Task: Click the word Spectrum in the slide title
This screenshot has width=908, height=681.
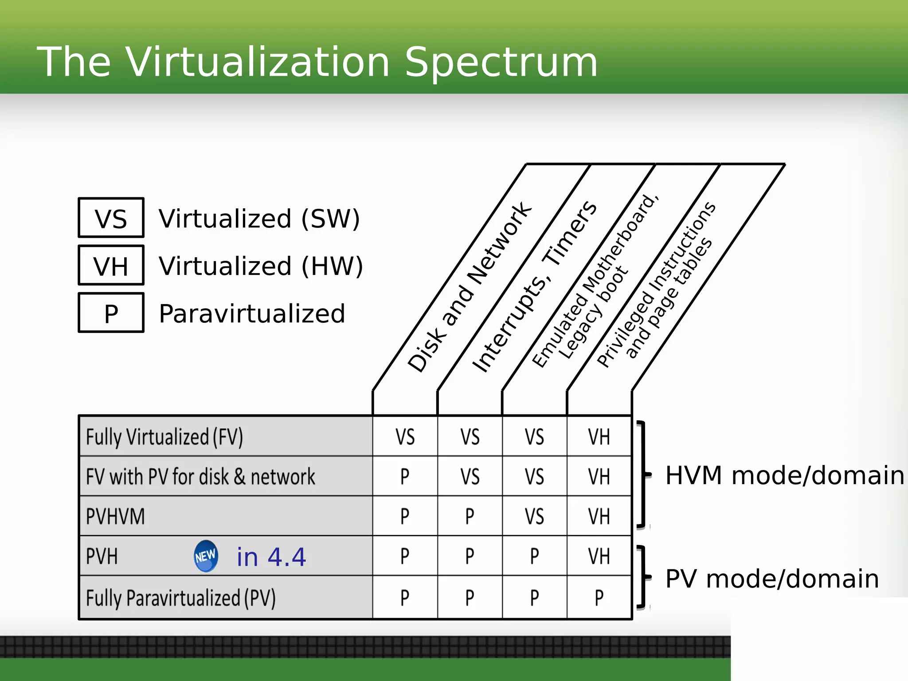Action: pos(501,62)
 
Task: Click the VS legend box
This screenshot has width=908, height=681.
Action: pos(111,218)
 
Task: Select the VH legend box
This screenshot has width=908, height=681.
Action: pos(111,266)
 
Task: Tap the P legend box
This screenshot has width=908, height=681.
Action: pos(111,313)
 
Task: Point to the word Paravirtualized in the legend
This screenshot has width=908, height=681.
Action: pos(252,313)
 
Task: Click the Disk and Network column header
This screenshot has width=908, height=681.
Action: pos(469,287)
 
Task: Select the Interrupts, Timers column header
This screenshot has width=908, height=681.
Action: pos(534,287)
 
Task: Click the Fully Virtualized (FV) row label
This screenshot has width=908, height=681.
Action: pos(164,437)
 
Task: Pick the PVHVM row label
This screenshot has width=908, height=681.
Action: pos(115,517)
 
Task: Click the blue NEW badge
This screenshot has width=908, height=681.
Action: pos(206,556)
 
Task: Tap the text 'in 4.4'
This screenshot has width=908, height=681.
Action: pos(271,557)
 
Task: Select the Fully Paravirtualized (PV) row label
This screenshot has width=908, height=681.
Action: pos(180,598)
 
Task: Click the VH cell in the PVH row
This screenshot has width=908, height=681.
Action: pos(599,556)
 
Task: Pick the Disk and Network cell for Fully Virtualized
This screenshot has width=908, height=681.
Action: pos(405,437)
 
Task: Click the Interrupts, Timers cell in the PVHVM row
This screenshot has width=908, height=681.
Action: pos(470,517)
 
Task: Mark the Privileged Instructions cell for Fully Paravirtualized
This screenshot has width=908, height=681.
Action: pos(599,598)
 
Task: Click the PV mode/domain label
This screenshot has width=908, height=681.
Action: pos(772,579)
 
